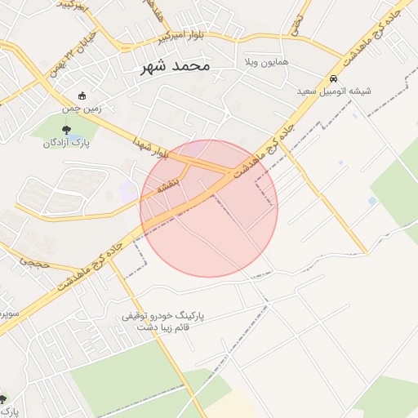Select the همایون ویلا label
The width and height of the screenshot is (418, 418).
click(260, 62)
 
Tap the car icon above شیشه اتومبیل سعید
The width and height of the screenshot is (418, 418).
click(335, 78)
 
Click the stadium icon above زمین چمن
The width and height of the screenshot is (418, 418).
click(80, 95)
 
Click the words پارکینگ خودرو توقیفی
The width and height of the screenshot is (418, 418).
click(164, 314)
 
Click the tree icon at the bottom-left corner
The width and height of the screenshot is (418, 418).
click(3, 399)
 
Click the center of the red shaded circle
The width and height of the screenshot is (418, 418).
click(209, 208)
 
